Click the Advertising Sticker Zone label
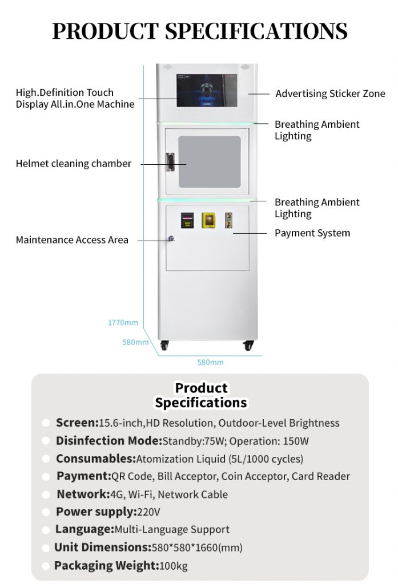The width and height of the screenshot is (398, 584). pos(330,94)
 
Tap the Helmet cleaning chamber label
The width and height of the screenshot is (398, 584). pos(73,164)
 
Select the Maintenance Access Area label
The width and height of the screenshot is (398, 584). pos(72,240)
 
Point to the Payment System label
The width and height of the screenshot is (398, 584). pos(312,233)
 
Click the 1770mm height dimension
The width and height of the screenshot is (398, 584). pos(123,323)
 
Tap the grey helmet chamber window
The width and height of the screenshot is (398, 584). pos(209,161)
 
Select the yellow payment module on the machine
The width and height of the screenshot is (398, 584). pos(208,220)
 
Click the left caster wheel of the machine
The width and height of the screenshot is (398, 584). pos(164,345)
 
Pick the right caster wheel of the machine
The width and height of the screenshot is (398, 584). pos(248,345)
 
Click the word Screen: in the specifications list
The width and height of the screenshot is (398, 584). pos(77,423)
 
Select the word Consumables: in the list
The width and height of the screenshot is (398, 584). pos(95,459)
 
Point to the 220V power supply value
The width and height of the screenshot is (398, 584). pos(148,512)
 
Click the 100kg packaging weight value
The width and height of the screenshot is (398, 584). pos(174,566)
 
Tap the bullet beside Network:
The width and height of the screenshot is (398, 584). pos(46,495)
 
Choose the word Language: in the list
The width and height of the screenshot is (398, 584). pos(85,529)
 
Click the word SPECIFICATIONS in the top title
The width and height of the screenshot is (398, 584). pos(257,31)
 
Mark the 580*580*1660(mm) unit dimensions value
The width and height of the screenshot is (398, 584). pos(197,547)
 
